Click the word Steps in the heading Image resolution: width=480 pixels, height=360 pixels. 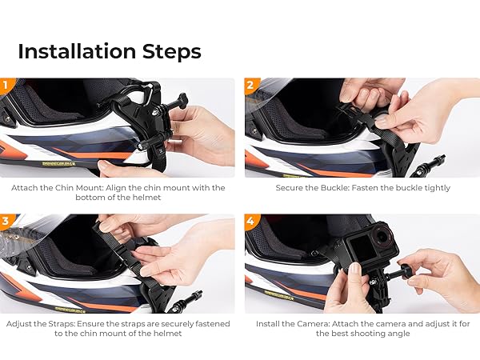click(x=170, y=51)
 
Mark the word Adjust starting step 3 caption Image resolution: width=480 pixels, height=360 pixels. click(x=22, y=324)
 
